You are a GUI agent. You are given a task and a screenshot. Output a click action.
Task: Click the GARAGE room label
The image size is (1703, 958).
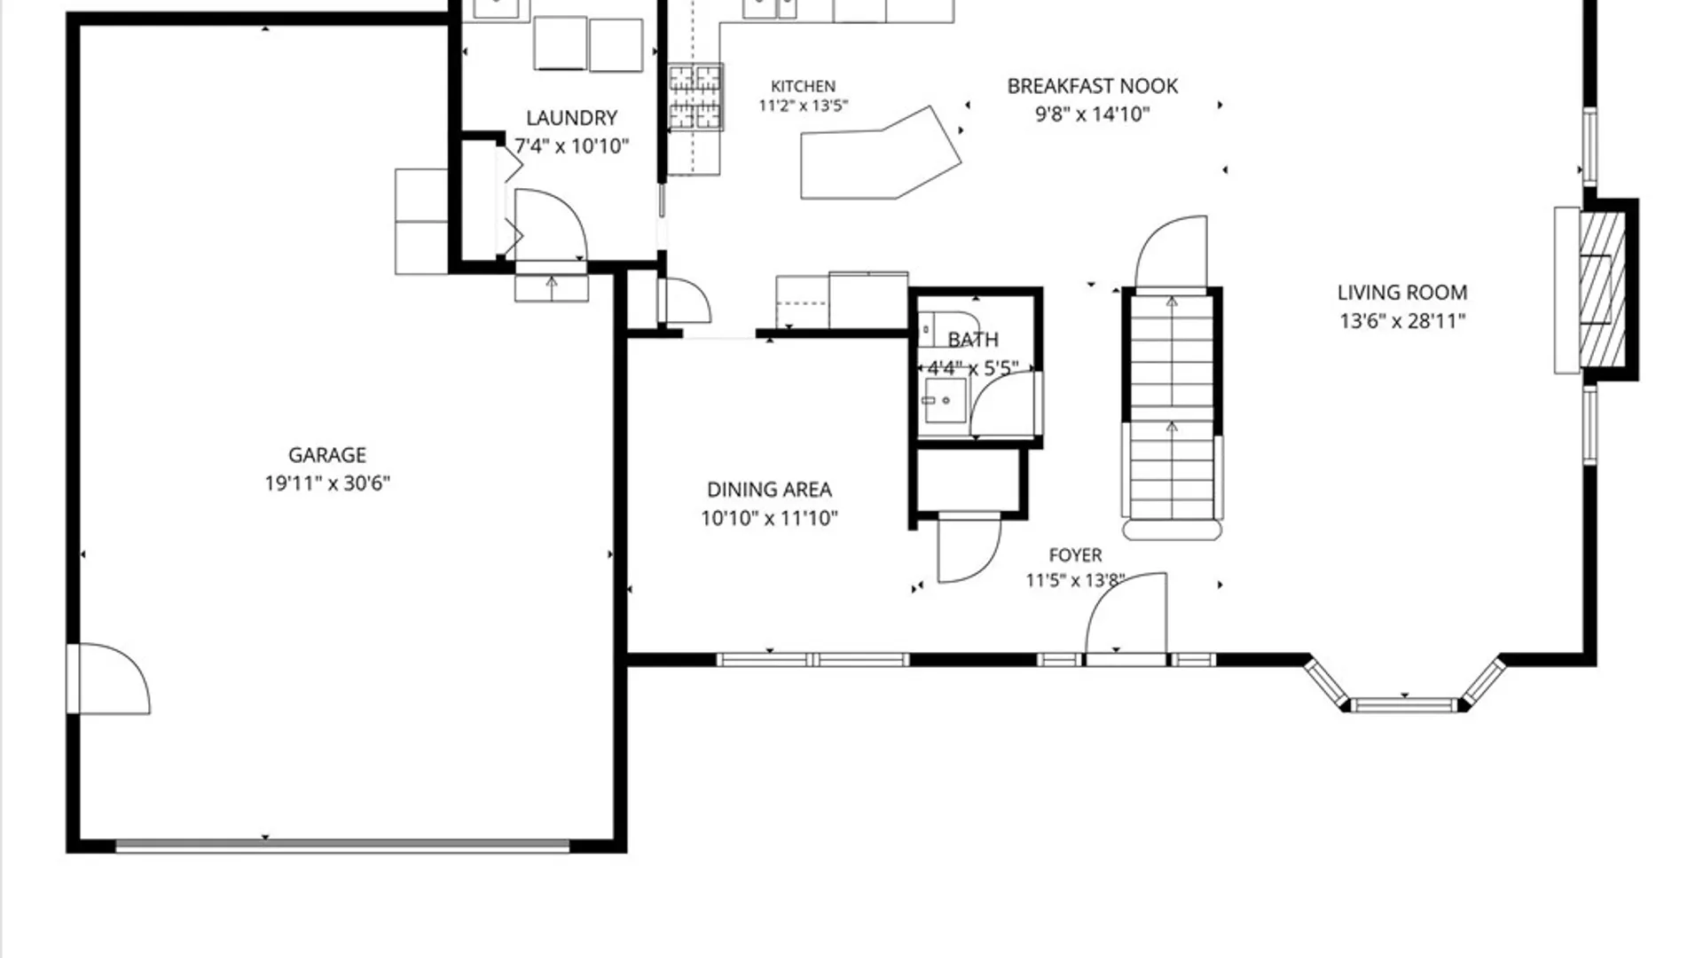327,455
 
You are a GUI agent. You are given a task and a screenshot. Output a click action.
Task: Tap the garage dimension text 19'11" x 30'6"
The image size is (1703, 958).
327,483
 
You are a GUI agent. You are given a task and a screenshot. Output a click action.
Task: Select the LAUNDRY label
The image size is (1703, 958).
571,118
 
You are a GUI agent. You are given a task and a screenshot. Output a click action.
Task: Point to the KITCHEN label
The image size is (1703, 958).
803,86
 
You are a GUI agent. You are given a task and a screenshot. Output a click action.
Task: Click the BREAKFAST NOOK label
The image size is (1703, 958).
1093,86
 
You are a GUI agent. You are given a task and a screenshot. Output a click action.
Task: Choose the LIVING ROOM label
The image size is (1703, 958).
1402,293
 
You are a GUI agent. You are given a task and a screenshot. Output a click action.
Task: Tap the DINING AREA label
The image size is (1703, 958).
769,490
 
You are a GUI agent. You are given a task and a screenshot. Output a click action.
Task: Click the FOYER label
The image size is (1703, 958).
1075,555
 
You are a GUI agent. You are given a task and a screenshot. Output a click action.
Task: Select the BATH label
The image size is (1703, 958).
973,340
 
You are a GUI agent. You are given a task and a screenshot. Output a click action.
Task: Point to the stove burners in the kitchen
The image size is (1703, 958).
695,98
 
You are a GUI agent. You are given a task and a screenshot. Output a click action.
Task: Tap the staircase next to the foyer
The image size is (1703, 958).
1172,412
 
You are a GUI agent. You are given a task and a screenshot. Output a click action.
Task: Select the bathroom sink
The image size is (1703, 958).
944,400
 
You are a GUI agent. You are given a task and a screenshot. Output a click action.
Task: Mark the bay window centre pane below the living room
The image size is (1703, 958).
1404,706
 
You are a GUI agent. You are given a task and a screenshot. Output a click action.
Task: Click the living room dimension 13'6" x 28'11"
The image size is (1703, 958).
1402,321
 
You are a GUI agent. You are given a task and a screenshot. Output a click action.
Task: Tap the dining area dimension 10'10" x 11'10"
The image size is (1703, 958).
769,518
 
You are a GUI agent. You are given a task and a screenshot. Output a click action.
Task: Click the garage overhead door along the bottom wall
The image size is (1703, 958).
342,847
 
